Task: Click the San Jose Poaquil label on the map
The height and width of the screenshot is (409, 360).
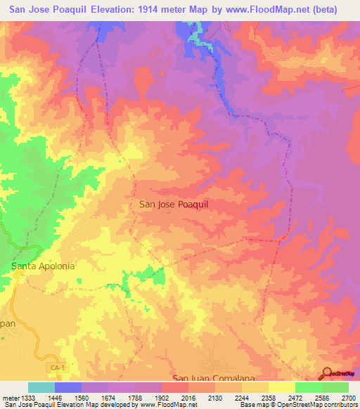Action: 174,204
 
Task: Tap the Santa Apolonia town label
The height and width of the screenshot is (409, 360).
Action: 43,266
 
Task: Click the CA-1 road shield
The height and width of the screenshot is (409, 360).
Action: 58,368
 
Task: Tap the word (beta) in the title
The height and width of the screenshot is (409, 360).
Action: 324,10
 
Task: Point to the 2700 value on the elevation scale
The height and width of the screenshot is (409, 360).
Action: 349,397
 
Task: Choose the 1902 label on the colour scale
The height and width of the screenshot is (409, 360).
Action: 162,397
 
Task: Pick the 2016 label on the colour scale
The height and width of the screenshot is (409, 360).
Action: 188,397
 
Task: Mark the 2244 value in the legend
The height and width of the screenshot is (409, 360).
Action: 242,397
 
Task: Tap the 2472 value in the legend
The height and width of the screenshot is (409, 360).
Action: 295,397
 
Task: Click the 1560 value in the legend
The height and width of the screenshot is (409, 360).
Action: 82,397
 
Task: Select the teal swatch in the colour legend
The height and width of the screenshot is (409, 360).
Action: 41,387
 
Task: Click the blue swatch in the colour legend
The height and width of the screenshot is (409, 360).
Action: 68,387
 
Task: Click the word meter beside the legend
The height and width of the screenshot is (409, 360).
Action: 8,397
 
